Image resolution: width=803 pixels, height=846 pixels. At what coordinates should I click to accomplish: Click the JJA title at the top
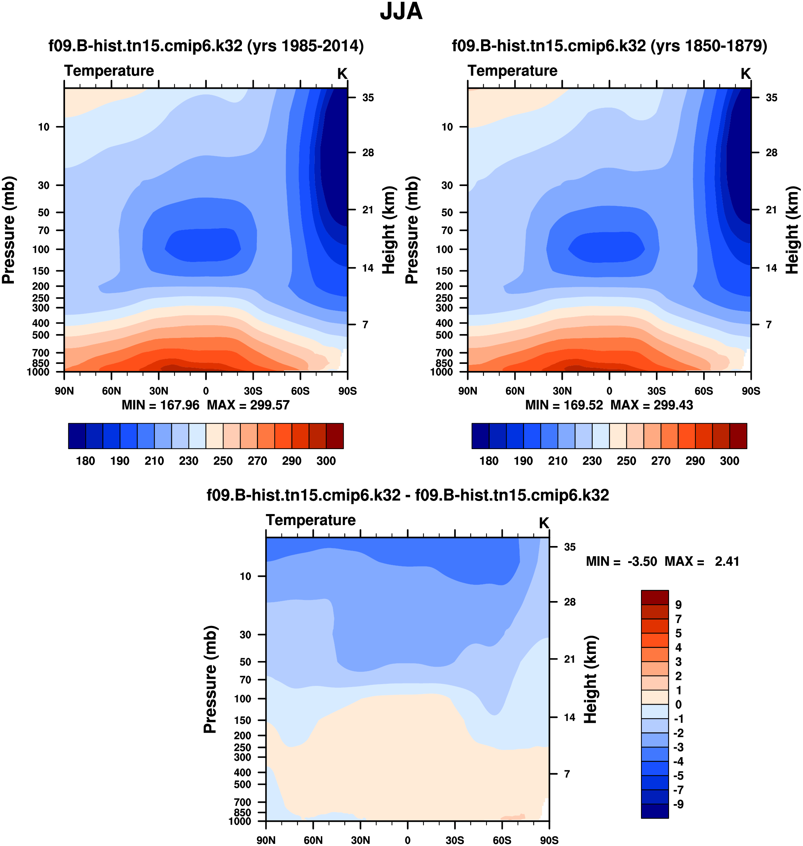coord(401,12)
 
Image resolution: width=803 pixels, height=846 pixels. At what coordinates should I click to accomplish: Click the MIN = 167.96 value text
coord(161,405)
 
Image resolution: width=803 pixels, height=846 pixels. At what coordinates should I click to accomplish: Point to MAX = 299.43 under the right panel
coord(652,405)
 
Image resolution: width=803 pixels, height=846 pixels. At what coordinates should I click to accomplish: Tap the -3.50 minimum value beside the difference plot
coord(642,562)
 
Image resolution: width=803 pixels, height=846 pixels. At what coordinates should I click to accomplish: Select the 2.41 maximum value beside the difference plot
coord(727,562)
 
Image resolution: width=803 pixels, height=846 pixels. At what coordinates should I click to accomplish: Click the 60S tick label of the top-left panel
coord(300,391)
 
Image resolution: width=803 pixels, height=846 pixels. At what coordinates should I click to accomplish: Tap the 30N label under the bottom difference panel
coord(360,840)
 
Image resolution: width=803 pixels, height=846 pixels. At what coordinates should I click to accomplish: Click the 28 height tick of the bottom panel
coord(569,602)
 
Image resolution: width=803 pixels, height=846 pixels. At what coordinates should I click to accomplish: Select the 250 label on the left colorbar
coord(223,461)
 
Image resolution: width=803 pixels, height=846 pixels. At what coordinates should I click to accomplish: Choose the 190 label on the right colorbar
coord(523,461)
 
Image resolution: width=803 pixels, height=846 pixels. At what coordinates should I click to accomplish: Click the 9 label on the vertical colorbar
coord(678,605)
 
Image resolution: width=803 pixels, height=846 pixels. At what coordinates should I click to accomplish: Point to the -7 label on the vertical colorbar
coord(678,790)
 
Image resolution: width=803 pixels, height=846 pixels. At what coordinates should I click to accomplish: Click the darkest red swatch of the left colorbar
coord(335,436)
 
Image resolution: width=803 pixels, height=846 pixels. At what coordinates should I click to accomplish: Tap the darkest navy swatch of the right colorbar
coord(480,436)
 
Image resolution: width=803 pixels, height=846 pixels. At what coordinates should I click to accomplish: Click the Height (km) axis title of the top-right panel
coord(792,230)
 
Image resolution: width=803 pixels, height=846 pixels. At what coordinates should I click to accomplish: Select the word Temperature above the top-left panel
coord(109,71)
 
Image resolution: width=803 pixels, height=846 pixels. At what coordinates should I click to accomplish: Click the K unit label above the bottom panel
coord(544,523)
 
